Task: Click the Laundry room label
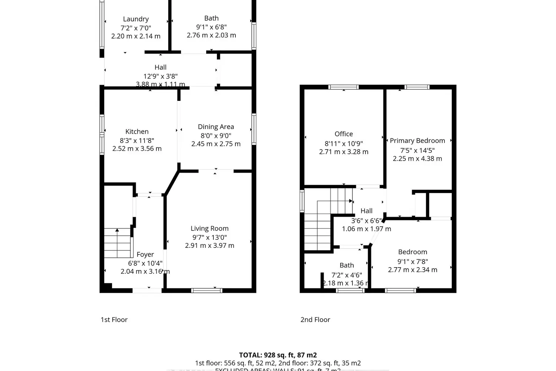(x=136, y=19)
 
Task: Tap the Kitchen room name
(x=137, y=132)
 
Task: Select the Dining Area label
(x=216, y=127)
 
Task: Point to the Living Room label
(x=209, y=229)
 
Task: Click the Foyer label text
(x=145, y=255)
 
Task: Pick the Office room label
(x=344, y=134)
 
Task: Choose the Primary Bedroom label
(x=417, y=141)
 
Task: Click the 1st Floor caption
(x=114, y=319)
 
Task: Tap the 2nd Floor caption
(x=315, y=319)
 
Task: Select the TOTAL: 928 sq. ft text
(x=278, y=355)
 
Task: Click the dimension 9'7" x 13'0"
(x=209, y=237)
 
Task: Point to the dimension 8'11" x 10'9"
(x=344, y=143)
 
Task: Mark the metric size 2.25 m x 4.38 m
(x=417, y=159)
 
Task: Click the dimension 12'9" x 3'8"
(x=160, y=76)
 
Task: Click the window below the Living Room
(x=207, y=290)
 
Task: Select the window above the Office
(x=343, y=87)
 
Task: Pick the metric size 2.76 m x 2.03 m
(x=211, y=35)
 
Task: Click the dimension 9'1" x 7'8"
(x=413, y=261)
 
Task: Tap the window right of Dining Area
(x=254, y=129)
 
